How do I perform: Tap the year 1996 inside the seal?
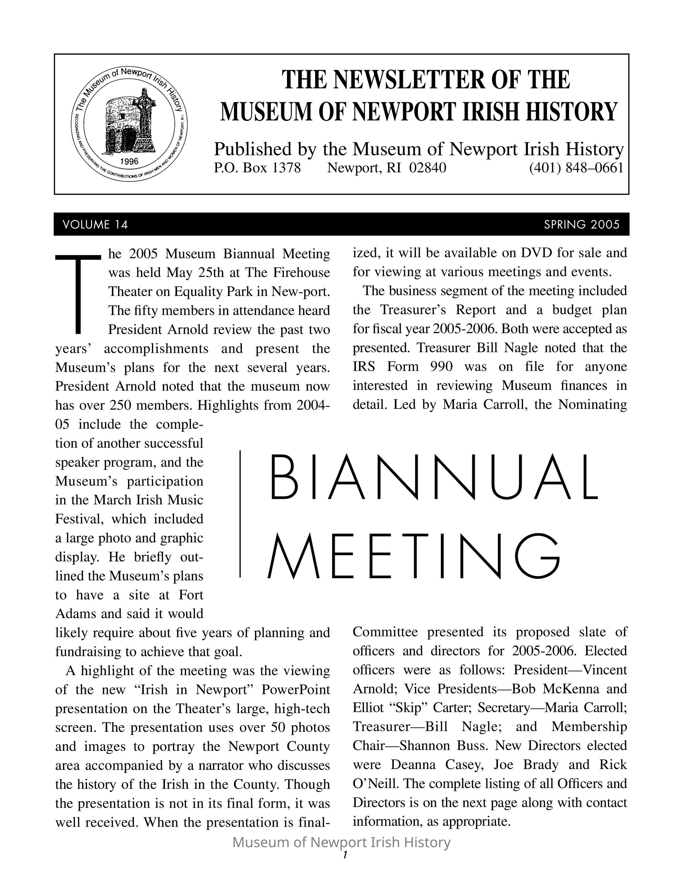pyautogui.click(x=129, y=161)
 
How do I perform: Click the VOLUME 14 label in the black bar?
pyautogui.click(x=96, y=224)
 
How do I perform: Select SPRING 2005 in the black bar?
pyautogui.click(x=581, y=224)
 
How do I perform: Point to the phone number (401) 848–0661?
pyautogui.click(x=576, y=168)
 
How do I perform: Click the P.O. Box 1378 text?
pyautogui.click(x=257, y=168)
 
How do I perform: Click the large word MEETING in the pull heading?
pyautogui.click(x=413, y=556)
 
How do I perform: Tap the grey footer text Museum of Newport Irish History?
pyautogui.click(x=341, y=842)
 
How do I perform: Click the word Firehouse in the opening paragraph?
pyautogui.click(x=301, y=273)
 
